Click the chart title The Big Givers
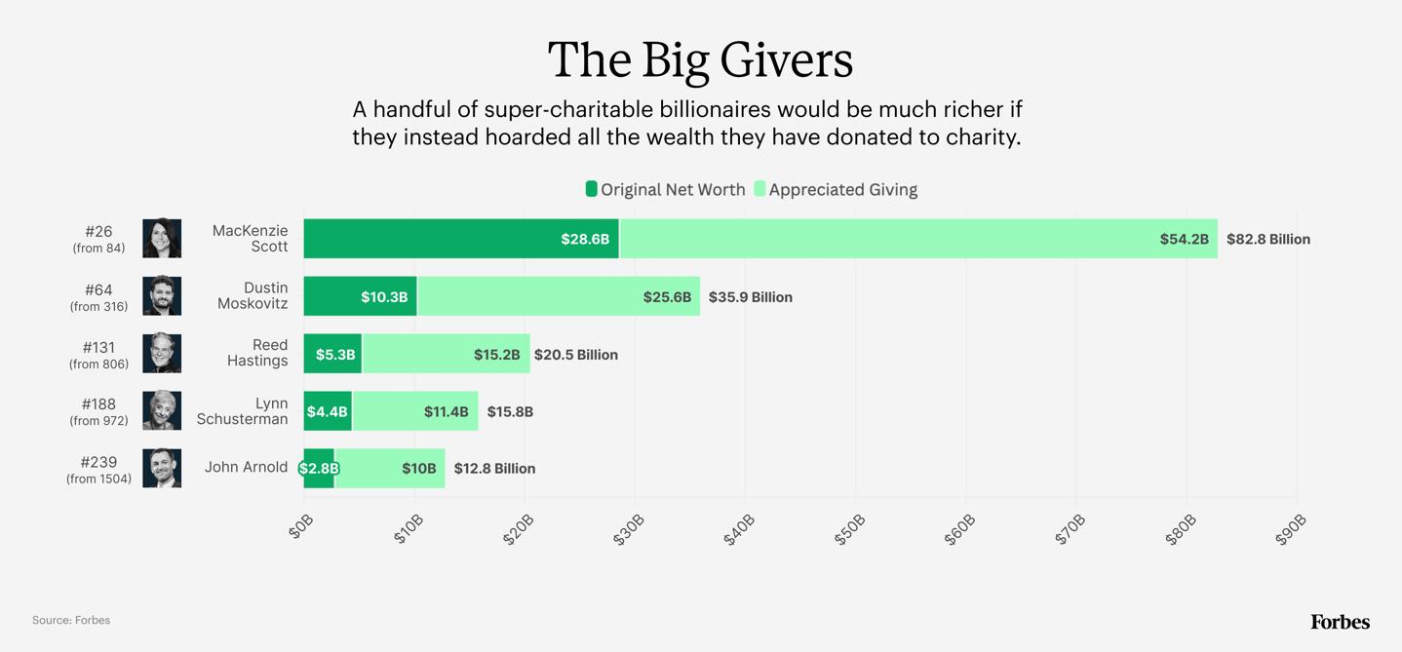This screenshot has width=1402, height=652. tap(700, 59)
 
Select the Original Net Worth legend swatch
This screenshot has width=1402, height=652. tap(591, 189)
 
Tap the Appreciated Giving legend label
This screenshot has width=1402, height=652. tap(842, 190)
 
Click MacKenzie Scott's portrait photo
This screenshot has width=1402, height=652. tap(162, 239)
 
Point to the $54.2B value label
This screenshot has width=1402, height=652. tap(1184, 240)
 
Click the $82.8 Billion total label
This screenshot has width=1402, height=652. tap(1267, 240)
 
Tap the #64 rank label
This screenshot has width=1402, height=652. tap(98, 289)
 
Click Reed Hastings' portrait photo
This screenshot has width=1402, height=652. tap(162, 354)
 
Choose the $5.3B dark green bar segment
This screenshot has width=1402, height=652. tap(332, 354)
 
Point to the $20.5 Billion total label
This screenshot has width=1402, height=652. tap(575, 355)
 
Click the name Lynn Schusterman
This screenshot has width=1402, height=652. tap(243, 411)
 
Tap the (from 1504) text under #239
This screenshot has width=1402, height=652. tap(98, 479)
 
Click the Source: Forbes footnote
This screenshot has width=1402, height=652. tap(71, 620)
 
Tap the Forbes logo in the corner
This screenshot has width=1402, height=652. tap(1340, 622)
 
